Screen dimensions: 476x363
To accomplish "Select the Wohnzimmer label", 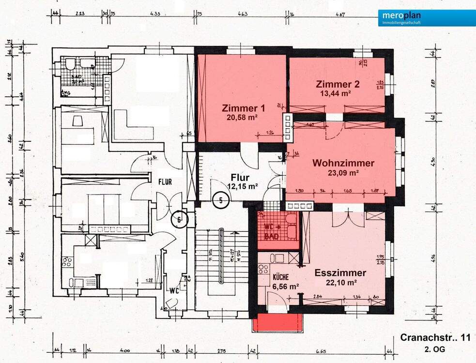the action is (343, 163).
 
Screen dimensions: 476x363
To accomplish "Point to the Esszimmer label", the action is (340, 273).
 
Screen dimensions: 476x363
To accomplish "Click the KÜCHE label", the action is (281, 277).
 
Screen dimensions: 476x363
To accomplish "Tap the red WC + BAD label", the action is (275, 232).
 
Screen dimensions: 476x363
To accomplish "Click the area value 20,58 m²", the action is (241, 117).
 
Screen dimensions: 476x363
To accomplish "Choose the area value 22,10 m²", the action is (341, 282).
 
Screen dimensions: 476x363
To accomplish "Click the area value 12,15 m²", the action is (243, 186).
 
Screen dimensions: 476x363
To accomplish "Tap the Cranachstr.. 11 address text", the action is (435, 337).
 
